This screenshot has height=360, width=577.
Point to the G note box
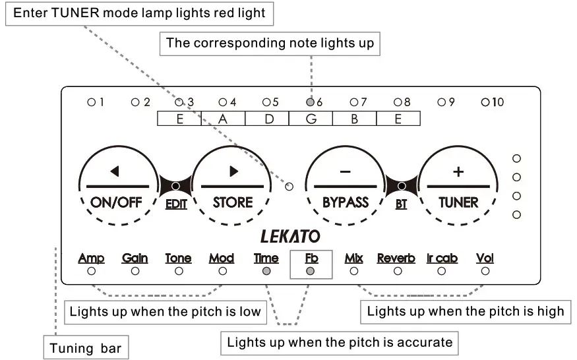[x=311, y=119]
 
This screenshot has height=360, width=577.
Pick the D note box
[x=267, y=119]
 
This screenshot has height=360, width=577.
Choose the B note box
[x=354, y=119]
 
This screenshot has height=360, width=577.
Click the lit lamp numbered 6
[x=310, y=102]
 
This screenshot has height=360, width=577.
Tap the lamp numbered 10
[x=485, y=102]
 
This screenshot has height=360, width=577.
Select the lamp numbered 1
[x=92, y=102]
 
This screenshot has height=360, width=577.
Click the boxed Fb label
[x=311, y=258]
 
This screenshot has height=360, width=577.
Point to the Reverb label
[x=396, y=258]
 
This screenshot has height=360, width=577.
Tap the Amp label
[x=91, y=258]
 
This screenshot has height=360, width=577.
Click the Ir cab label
[x=442, y=258]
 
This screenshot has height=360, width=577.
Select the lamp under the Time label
[x=266, y=271]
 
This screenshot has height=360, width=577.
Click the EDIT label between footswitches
[x=176, y=204]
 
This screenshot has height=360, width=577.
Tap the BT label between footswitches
[x=401, y=204]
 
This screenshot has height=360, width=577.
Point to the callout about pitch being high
[x=466, y=311]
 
